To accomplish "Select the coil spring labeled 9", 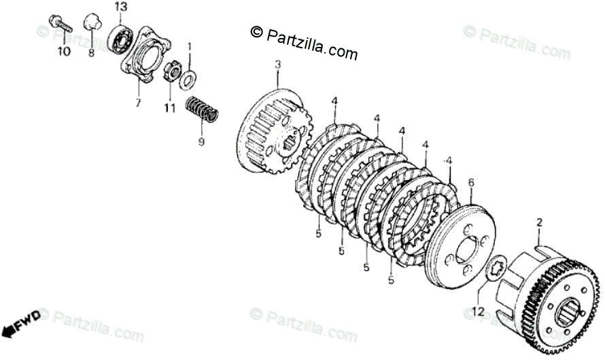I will (x=202, y=109).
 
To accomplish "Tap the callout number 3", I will (x=277, y=65).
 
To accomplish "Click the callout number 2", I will (x=539, y=222).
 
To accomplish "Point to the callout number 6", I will (x=470, y=182).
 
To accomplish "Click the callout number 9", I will (x=201, y=142).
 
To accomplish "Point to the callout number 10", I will (x=63, y=52).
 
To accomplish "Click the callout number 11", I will (x=169, y=108).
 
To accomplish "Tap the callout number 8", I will (x=90, y=52).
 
